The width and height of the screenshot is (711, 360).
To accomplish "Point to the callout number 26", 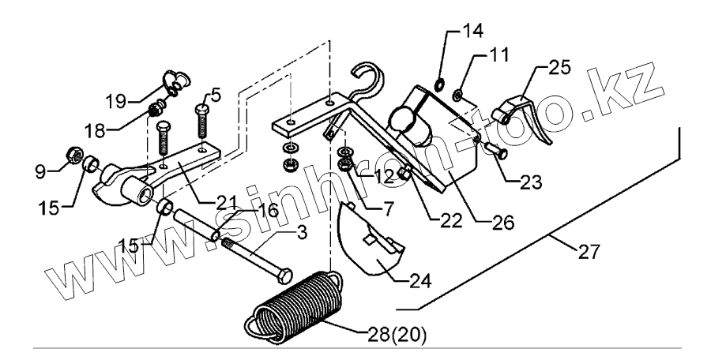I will point(502,222).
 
